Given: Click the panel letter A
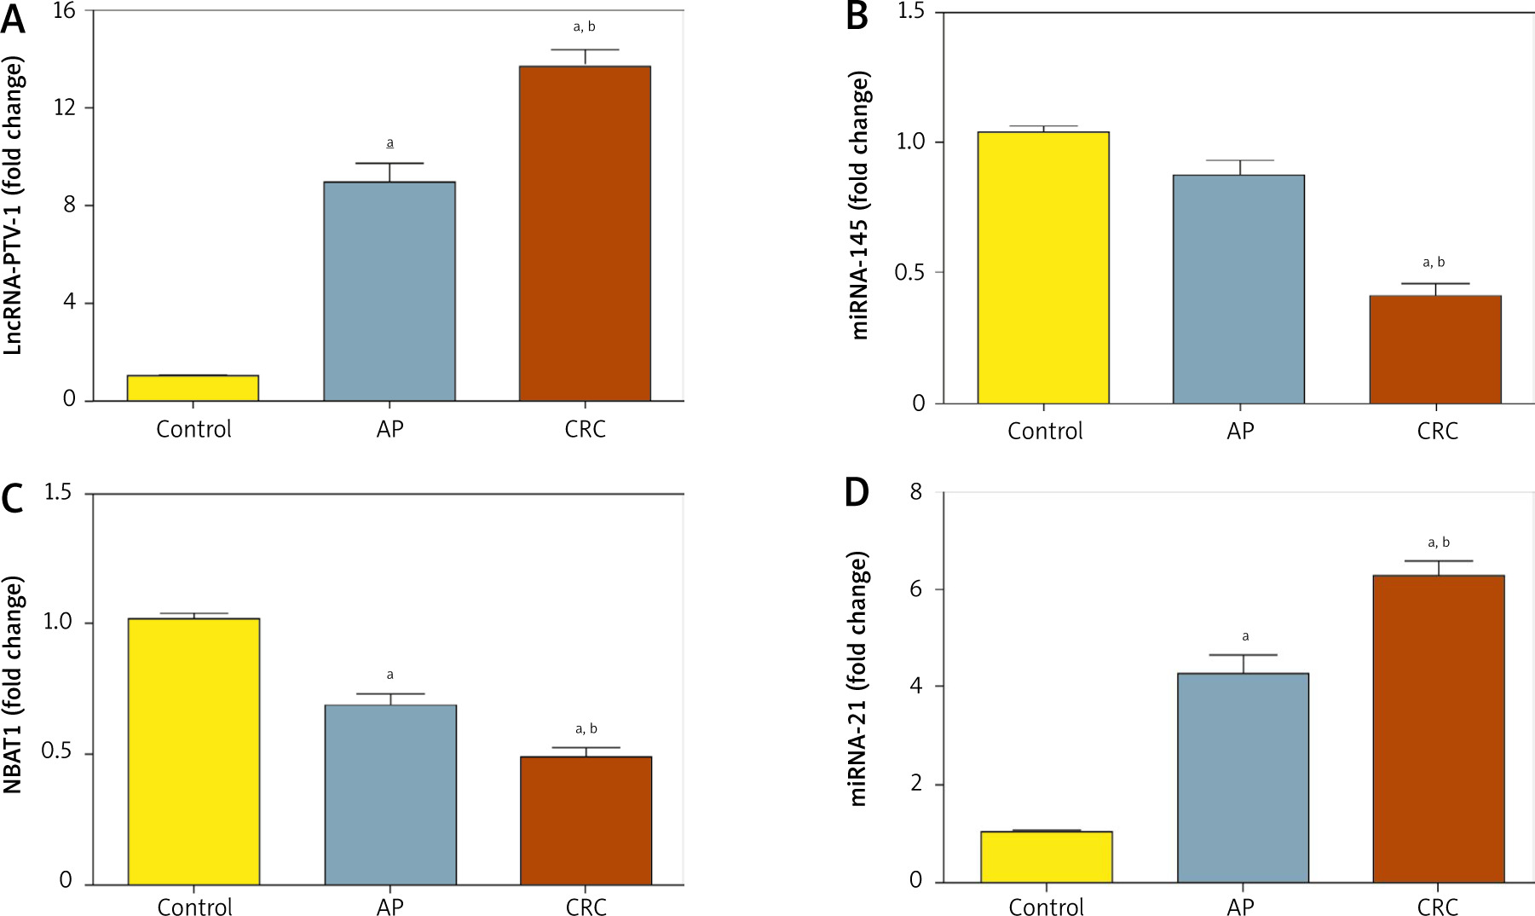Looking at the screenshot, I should click(13, 19).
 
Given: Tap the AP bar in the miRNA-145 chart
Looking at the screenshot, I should click(1238, 289).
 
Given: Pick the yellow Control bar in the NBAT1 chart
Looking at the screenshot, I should click(193, 751).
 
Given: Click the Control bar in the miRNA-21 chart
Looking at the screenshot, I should click(1046, 856).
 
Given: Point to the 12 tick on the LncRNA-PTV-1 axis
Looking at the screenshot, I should click(65, 107).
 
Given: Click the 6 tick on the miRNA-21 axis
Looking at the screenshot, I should click(916, 589).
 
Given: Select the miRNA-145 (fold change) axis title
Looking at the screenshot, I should click(860, 205).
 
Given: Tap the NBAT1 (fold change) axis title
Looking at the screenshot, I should click(13, 685).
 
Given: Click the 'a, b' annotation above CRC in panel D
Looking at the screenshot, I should click(1438, 542).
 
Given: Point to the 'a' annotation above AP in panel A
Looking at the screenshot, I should click(390, 143).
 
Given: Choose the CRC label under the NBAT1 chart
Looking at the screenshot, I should click(586, 907).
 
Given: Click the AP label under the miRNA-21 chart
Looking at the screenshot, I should click(1240, 907).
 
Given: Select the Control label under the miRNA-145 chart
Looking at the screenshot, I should click(1045, 431).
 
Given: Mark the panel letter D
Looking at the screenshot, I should click(857, 493).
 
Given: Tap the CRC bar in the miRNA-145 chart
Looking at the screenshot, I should click(1434, 350).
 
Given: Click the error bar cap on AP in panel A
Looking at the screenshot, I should click(390, 164).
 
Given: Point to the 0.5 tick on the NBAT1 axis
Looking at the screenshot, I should click(56, 752).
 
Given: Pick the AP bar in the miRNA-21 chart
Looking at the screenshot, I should click(1243, 777).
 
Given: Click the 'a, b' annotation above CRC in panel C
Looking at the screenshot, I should click(586, 728).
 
